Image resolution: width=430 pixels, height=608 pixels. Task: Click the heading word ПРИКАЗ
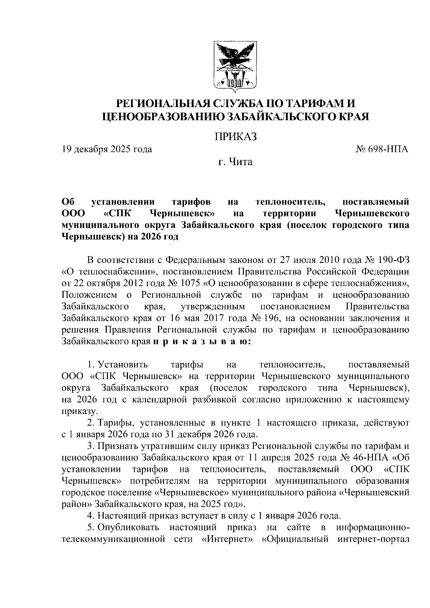coord(236,137)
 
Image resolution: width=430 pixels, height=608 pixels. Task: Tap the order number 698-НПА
coord(388,149)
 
